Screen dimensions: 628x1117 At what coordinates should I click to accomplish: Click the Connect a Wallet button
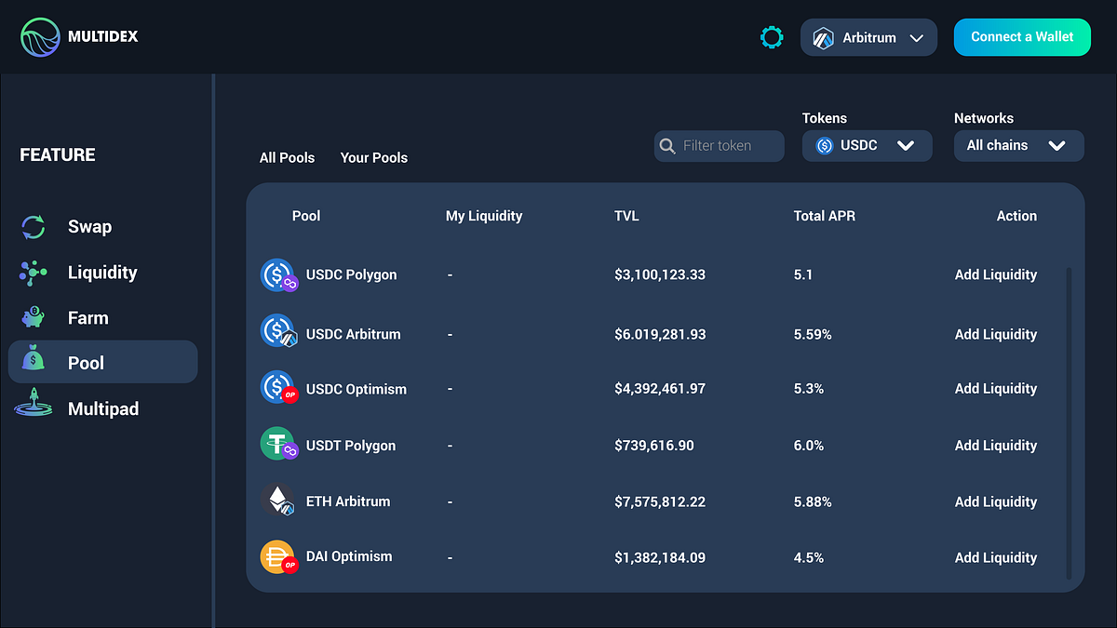[x=1022, y=37]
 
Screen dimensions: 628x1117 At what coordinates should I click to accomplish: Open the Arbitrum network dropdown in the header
[x=868, y=38]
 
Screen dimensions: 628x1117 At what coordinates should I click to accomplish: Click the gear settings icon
[x=772, y=37]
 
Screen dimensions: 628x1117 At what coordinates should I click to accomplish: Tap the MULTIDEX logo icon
[x=40, y=37]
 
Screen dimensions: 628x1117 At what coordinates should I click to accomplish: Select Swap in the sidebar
[x=88, y=227]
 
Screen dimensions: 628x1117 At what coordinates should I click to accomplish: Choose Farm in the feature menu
[x=87, y=318]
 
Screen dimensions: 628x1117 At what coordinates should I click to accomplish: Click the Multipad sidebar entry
[x=102, y=409]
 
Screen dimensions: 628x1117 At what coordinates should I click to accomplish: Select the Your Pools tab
[x=373, y=158]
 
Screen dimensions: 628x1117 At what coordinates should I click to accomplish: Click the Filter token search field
[x=719, y=146]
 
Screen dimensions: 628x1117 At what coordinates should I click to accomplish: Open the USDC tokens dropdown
[x=867, y=146]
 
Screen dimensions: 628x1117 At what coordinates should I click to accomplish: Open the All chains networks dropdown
[x=1018, y=146]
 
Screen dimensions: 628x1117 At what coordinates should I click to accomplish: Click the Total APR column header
[x=824, y=216]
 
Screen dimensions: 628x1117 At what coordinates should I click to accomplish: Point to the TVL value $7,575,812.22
[x=659, y=501]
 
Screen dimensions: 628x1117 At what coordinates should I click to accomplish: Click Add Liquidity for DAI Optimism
[x=995, y=557]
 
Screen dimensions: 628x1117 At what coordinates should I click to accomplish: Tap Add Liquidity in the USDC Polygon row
[x=995, y=274]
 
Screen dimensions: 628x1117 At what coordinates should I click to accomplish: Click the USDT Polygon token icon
[x=277, y=445]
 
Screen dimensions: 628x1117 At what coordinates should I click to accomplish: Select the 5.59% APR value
[x=813, y=334]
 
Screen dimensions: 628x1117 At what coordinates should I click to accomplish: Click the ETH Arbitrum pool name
[x=347, y=501]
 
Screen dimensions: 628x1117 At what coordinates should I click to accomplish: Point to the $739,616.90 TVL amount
[x=653, y=446]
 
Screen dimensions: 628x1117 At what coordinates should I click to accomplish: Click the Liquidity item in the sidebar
[x=101, y=273]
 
